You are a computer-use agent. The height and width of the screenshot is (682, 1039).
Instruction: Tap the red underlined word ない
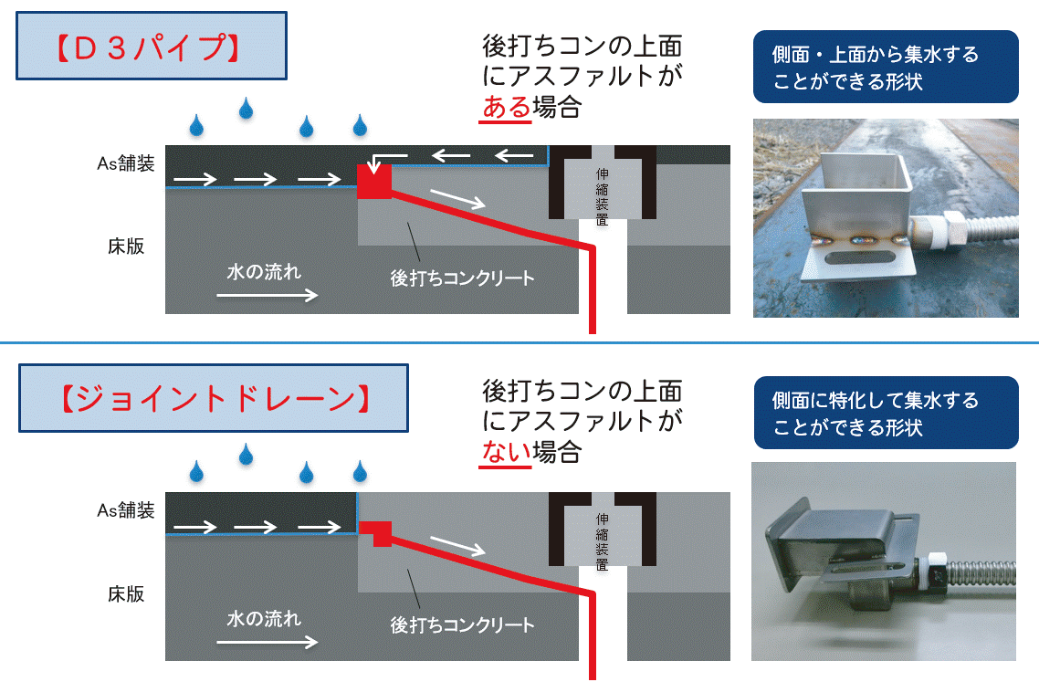pos(505,451)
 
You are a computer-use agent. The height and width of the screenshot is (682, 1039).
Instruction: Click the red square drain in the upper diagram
pos(373,181)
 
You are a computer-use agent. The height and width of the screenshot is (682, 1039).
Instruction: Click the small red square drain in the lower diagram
pos(375,532)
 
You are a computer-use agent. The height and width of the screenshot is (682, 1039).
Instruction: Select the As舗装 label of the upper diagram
pos(126,163)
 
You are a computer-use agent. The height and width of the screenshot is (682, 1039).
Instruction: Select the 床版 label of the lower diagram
pos(126,593)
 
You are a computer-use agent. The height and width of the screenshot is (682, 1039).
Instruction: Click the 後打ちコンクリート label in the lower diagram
pos(462,625)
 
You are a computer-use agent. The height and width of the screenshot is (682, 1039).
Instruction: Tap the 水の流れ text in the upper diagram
pos(264,272)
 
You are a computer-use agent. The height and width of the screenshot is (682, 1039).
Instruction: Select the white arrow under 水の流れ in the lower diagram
pos(268,641)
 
